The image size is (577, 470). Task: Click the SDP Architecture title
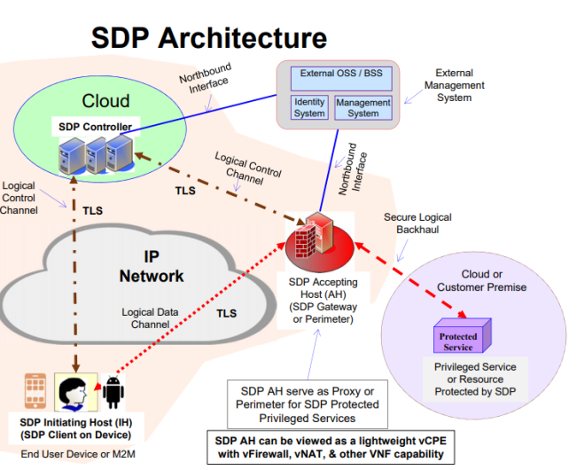tap(209, 38)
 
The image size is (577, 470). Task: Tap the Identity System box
tap(309, 107)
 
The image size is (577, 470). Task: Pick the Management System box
tap(363, 107)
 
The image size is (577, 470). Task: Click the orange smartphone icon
tap(35, 390)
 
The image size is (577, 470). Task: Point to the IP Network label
tap(152, 264)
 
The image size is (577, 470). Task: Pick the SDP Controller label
tap(95, 128)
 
